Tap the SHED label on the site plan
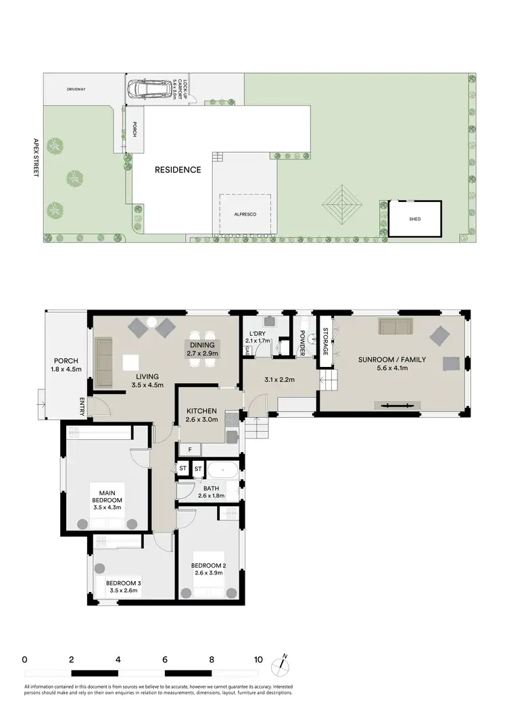click(414, 219)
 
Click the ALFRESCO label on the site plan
click(245, 214)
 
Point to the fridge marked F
click(191, 449)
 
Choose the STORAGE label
click(325, 342)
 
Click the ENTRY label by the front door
click(82, 407)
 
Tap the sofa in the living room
click(104, 363)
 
